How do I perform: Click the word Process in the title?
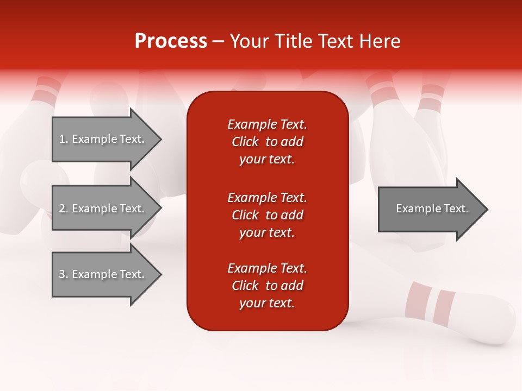(171, 41)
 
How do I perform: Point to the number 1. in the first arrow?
(64, 139)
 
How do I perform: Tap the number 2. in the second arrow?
(64, 209)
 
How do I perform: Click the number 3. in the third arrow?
(64, 274)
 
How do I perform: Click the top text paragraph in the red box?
(267, 142)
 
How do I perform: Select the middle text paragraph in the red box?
(267, 215)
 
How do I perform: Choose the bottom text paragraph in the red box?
(267, 286)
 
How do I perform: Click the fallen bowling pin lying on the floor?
(468, 315)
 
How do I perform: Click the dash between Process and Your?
(219, 41)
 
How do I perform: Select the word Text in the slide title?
(337, 41)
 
